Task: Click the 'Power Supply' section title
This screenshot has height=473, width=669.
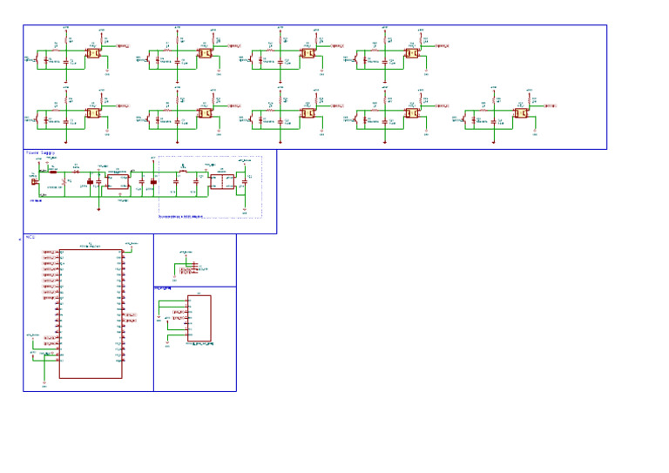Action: [x=40, y=152]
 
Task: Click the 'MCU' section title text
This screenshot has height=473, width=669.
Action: [x=30, y=237]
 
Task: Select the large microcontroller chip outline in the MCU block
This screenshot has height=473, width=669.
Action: [x=91, y=314]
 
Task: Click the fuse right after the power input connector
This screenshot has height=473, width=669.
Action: [x=52, y=172]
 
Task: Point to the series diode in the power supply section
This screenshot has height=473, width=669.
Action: [x=76, y=172]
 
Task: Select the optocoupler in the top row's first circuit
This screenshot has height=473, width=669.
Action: [x=93, y=53]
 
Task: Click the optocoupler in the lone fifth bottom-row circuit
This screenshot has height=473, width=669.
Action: [x=524, y=112]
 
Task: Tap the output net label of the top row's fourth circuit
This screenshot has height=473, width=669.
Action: [x=443, y=45]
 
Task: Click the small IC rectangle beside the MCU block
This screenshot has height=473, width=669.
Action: [x=199, y=320]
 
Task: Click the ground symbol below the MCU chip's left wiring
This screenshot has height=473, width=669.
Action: [x=44, y=381]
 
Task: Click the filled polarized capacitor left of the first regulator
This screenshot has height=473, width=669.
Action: [x=90, y=182]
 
